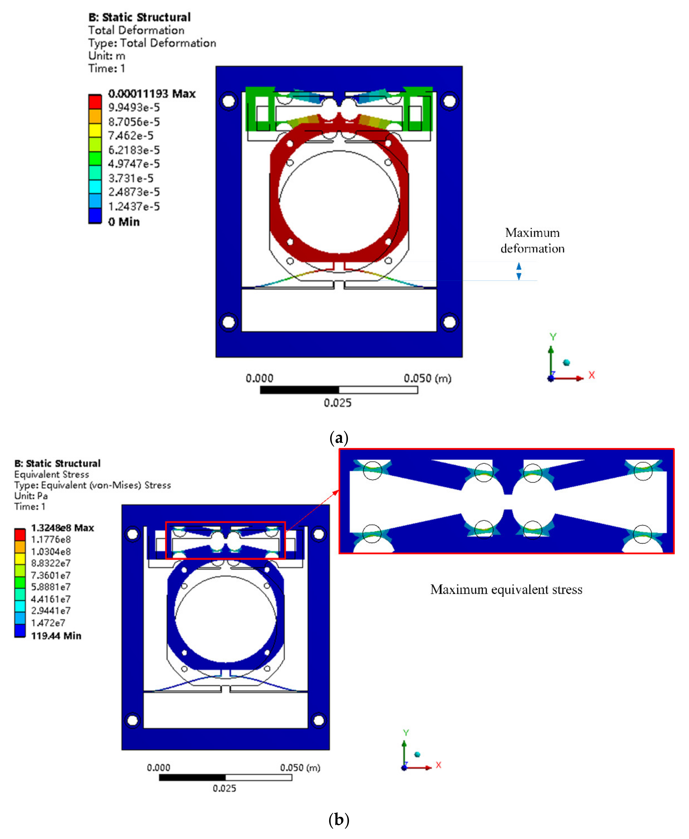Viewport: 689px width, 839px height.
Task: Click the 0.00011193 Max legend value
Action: coord(152,94)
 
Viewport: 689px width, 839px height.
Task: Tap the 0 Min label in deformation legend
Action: coord(124,222)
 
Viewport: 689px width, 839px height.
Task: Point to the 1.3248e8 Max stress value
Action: coord(63,528)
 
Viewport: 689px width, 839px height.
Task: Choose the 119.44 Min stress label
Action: coord(56,636)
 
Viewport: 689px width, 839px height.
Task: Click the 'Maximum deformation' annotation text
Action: coord(532,241)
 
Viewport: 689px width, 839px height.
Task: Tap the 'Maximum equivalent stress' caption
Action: coord(506,589)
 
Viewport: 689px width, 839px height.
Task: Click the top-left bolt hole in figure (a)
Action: coord(229,101)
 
